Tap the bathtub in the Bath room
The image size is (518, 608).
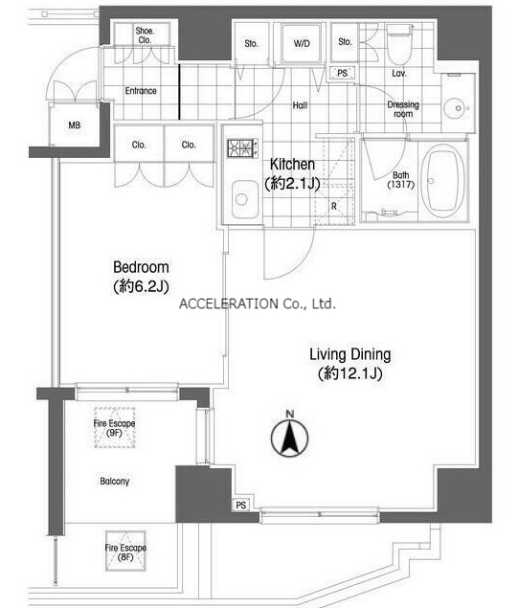coord(442,182)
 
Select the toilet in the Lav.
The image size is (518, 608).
coord(399,45)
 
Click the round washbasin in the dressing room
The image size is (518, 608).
coord(458,108)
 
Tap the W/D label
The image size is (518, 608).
coord(302,43)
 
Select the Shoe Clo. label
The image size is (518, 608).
coord(145,35)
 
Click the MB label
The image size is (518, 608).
coord(75,125)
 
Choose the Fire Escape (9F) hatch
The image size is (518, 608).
coord(114,427)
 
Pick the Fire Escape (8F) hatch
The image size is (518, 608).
coord(125,552)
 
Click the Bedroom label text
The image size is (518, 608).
coord(141,267)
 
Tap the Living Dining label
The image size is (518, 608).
coord(350,355)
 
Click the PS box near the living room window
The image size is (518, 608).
coord(240,505)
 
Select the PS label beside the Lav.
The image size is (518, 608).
coord(342,73)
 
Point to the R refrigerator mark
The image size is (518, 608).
coord(334,206)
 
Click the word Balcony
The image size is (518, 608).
coord(114,482)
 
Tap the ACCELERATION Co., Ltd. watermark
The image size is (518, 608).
coord(258,304)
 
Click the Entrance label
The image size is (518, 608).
coord(141,91)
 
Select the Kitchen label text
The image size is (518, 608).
coord(292,165)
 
